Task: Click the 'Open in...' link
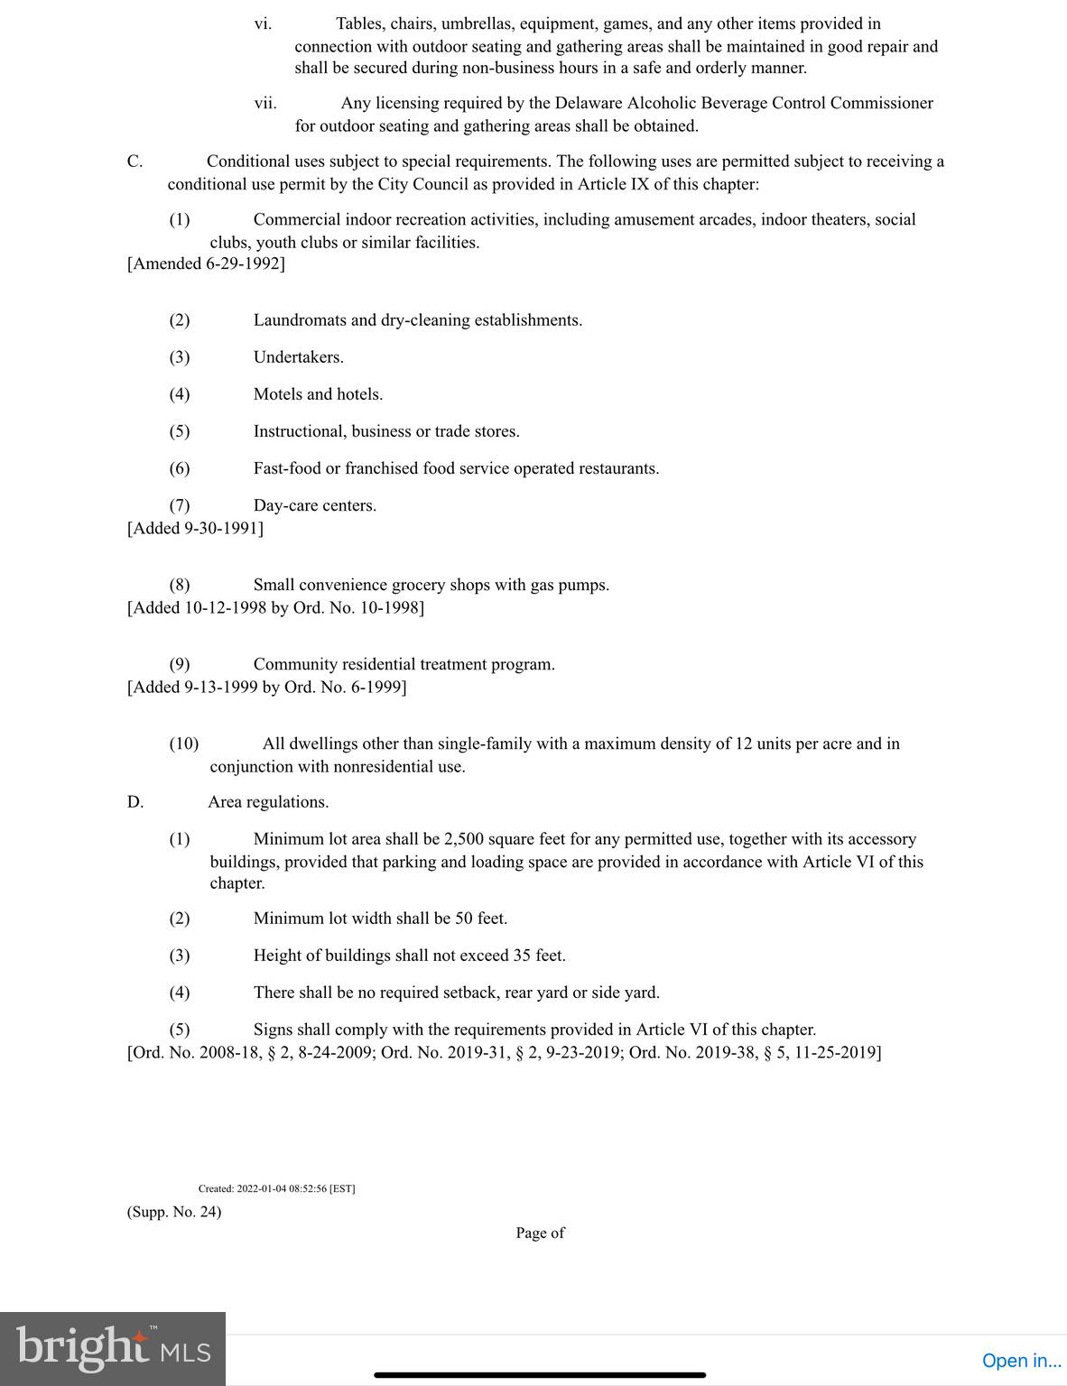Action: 1021,1360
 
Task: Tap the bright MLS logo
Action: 113,1349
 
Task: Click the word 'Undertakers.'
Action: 298,357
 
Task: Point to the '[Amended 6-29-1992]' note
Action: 206,263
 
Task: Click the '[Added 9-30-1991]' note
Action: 195,528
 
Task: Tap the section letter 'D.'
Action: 135,802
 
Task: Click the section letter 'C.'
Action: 135,162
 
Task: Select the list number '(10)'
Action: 184,744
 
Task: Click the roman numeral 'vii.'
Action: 264,103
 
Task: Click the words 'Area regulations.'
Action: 268,802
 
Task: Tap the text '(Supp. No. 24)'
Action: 174,1211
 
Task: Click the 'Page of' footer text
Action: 540,1233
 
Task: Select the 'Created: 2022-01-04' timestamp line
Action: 276,1188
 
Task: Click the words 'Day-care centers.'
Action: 314,505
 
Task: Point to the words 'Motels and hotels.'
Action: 318,394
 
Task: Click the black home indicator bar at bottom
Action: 540,1375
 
